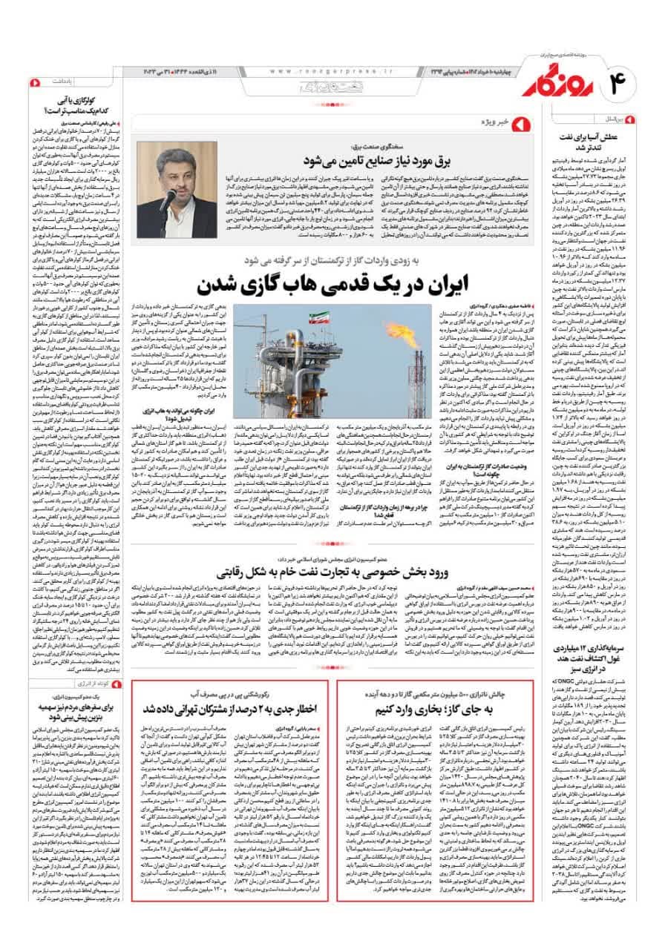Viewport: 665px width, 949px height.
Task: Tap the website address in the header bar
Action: coord(326,71)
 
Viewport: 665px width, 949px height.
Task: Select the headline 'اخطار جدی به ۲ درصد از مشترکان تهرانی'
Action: coord(232,708)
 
